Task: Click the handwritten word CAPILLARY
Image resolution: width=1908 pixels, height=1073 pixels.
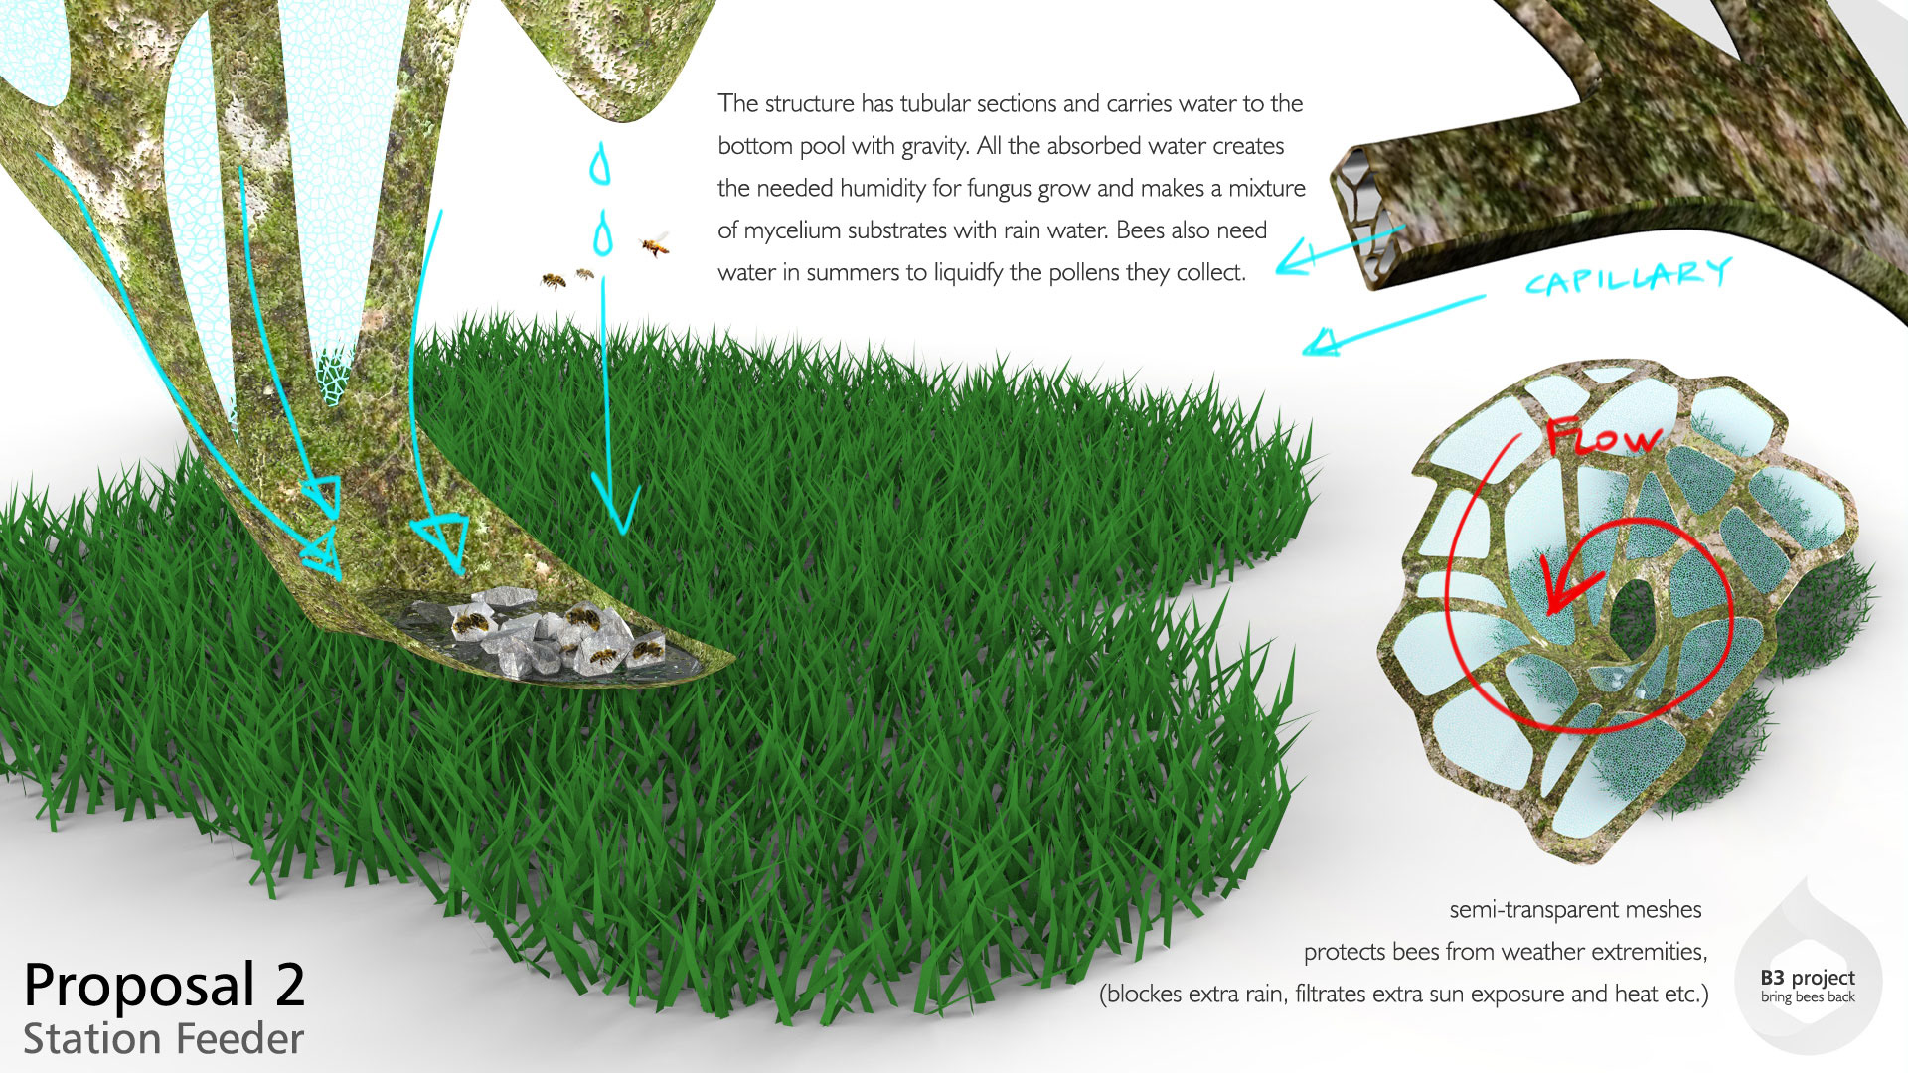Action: click(x=1627, y=277)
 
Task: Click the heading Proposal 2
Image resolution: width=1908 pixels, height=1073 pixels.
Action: click(x=164, y=986)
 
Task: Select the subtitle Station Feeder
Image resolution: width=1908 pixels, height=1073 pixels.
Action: click(x=164, y=1039)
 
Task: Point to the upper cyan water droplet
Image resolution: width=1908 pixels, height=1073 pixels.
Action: click(x=599, y=165)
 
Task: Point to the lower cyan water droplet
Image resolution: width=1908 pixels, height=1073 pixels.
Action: click(x=602, y=235)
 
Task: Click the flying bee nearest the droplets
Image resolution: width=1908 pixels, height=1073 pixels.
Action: click(x=654, y=244)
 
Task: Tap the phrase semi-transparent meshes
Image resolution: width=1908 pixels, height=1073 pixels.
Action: click(x=1575, y=909)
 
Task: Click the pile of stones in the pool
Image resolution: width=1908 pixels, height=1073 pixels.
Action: click(x=542, y=636)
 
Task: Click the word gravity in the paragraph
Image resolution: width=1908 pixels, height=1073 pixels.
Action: click(x=933, y=147)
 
